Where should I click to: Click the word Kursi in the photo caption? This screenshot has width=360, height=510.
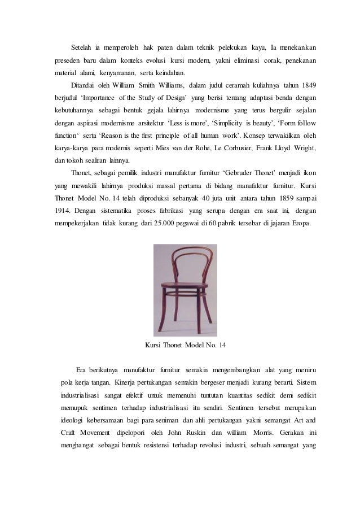point(154,345)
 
